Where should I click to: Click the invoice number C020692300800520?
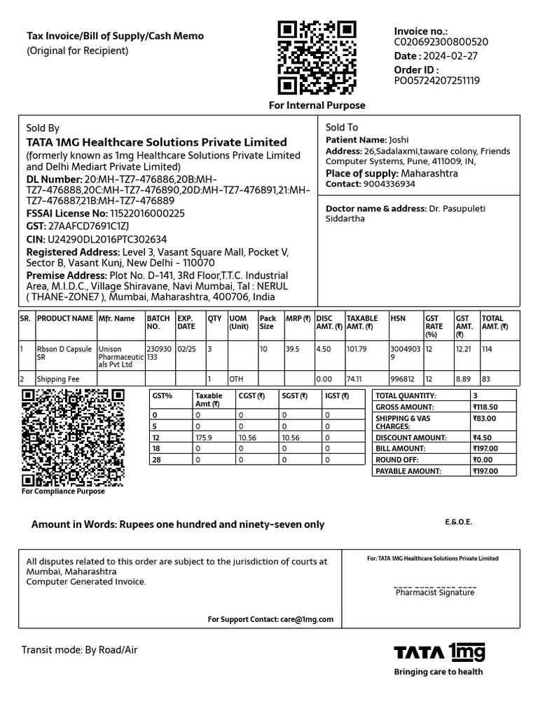[441, 42]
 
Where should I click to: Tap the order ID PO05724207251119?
[436, 81]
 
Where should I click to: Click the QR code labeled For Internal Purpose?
[317, 58]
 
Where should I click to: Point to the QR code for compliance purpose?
[74, 438]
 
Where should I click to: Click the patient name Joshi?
[399, 140]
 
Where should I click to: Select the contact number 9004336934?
[389, 184]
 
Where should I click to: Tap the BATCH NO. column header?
[158, 323]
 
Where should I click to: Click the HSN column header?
[398, 318]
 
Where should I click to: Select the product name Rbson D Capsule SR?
[64, 352]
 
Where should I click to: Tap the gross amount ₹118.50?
[485, 407]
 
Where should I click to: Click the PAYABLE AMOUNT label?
[408, 471]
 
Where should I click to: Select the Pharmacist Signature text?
[434, 592]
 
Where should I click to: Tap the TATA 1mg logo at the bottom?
[439, 652]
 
